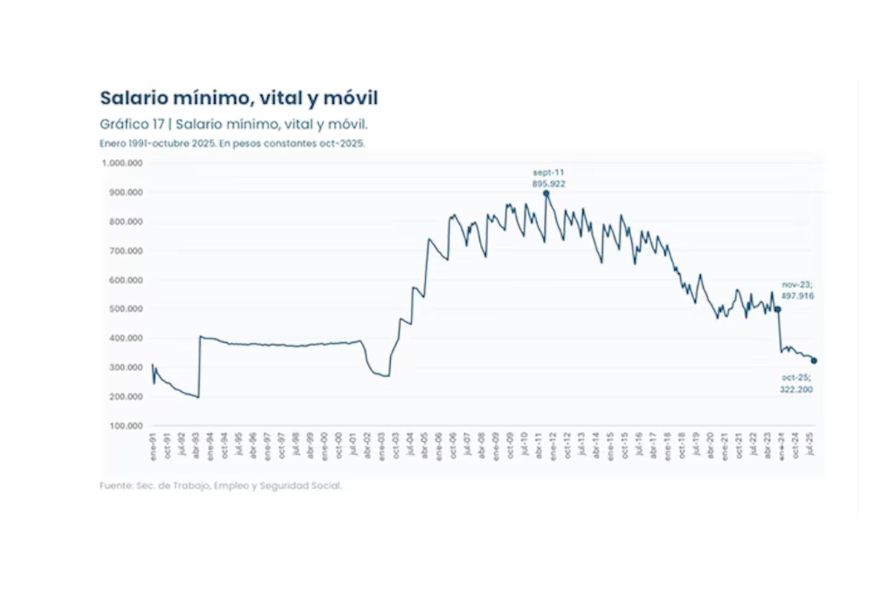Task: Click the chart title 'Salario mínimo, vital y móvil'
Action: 239,98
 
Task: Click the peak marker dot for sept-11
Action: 546,194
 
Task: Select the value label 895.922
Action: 549,183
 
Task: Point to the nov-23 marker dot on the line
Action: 778,309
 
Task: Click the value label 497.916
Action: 798,295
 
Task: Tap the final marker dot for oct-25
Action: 814,361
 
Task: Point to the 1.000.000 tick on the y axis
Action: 122,163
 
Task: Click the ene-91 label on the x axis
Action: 153,448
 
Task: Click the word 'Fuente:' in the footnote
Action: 116,486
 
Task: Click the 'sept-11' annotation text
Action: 548,171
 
